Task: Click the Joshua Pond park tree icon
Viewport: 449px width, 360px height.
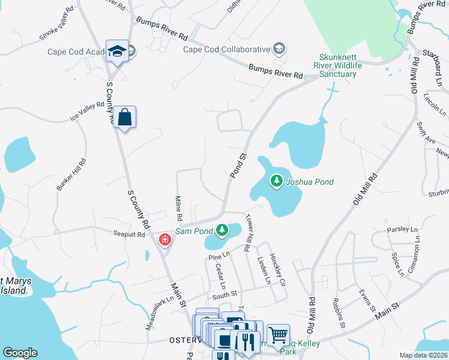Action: coord(276,181)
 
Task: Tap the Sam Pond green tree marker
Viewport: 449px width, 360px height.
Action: coord(222,230)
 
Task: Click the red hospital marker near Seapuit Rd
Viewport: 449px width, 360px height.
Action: coord(164,240)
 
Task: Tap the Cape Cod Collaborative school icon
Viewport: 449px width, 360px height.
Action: coord(279,49)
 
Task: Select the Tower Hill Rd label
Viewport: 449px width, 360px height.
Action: coord(248,233)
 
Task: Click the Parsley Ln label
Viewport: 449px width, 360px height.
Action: coord(402,229)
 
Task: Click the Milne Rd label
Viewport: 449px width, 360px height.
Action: coord(178,207)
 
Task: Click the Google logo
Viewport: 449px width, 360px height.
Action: coord(20,353)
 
